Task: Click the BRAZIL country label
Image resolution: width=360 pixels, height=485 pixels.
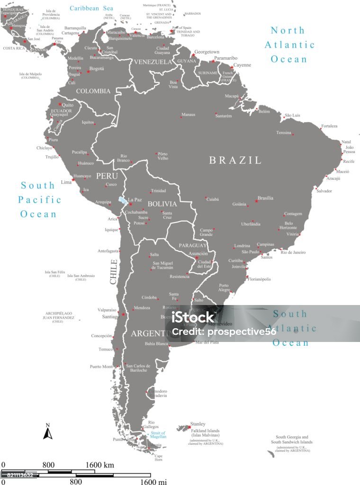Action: click(235, 160)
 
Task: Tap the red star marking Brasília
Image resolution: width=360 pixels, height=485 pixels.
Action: click(256, 201)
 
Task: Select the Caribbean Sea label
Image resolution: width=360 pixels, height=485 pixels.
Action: click(91, 8)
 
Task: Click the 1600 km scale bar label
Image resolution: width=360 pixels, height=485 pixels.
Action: click(100, 465)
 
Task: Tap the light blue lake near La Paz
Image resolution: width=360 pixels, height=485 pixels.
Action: click(122, 200)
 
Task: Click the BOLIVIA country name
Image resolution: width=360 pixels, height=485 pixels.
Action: click(162, 204)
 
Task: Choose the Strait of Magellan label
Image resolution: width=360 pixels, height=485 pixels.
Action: click(158, 436)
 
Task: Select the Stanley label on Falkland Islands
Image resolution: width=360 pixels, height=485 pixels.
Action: click(198, 424)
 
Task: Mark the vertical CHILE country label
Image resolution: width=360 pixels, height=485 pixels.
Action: click(114, 272)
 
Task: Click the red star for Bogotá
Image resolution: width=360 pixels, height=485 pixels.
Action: click(88, 72)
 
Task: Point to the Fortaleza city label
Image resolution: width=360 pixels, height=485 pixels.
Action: click(329, 126)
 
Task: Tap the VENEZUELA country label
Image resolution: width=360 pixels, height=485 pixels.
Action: click(152, 62)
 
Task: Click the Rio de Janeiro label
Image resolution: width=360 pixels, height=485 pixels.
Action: click(293, 252)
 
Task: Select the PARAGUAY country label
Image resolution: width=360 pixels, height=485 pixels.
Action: click(192, 246)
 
